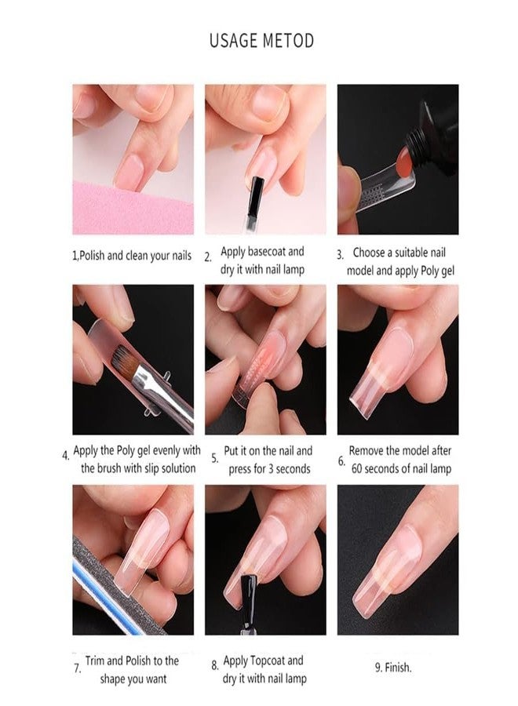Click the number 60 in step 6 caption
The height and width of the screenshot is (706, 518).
pos(357,469)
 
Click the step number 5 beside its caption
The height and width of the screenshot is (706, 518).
pos(214,460)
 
